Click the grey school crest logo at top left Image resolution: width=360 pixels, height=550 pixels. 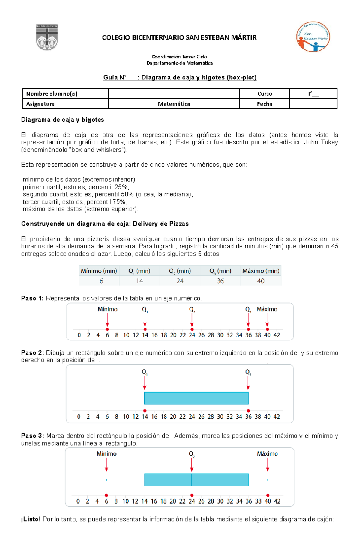pos(47,37)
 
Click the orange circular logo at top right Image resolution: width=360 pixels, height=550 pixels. pos(313,37)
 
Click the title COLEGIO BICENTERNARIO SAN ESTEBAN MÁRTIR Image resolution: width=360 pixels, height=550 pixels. pos(179,37)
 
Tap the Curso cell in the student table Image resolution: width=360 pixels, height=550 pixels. pos(265,94)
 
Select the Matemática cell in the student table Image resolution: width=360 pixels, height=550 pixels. pos(174,104)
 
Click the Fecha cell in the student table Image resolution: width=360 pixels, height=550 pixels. pos(265,104)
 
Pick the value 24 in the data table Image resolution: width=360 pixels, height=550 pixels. pos(180,281)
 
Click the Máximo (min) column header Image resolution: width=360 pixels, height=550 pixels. pos(261,271)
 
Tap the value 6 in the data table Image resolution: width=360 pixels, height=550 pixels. pos(101,281)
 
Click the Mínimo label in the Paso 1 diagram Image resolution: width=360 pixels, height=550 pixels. pos(107,309)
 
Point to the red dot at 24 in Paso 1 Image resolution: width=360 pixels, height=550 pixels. pos(192,329)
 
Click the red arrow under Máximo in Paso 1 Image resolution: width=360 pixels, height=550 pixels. pos(267,320)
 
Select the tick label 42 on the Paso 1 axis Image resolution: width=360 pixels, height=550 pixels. pos(277,335)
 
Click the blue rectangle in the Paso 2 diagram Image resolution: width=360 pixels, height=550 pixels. pos(196,398)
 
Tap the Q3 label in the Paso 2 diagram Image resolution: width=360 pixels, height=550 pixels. pos(248,372)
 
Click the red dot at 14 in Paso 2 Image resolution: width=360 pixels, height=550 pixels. pos(145,411)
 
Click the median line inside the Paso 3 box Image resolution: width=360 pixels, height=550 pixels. pos(192,480)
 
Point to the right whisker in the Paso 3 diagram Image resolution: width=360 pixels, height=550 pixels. pos(258,480)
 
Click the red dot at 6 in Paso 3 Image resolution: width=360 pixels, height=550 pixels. pos(106,495)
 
